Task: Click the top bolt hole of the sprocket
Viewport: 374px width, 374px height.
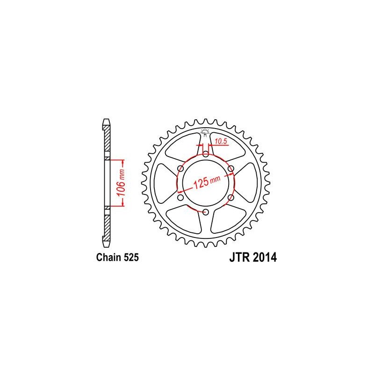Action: point(206,154)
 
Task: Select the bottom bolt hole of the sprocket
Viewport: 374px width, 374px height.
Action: point(206,212)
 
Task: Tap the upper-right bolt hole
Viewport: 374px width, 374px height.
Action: point(231,169)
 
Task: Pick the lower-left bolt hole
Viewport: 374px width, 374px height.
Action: point(181,197)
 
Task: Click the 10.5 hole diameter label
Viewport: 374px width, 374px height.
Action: point(220,142)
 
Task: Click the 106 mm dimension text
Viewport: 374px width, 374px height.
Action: point(122,182)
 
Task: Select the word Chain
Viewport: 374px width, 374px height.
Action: point(108,258)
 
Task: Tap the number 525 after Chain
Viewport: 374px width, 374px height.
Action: point(131,258)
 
